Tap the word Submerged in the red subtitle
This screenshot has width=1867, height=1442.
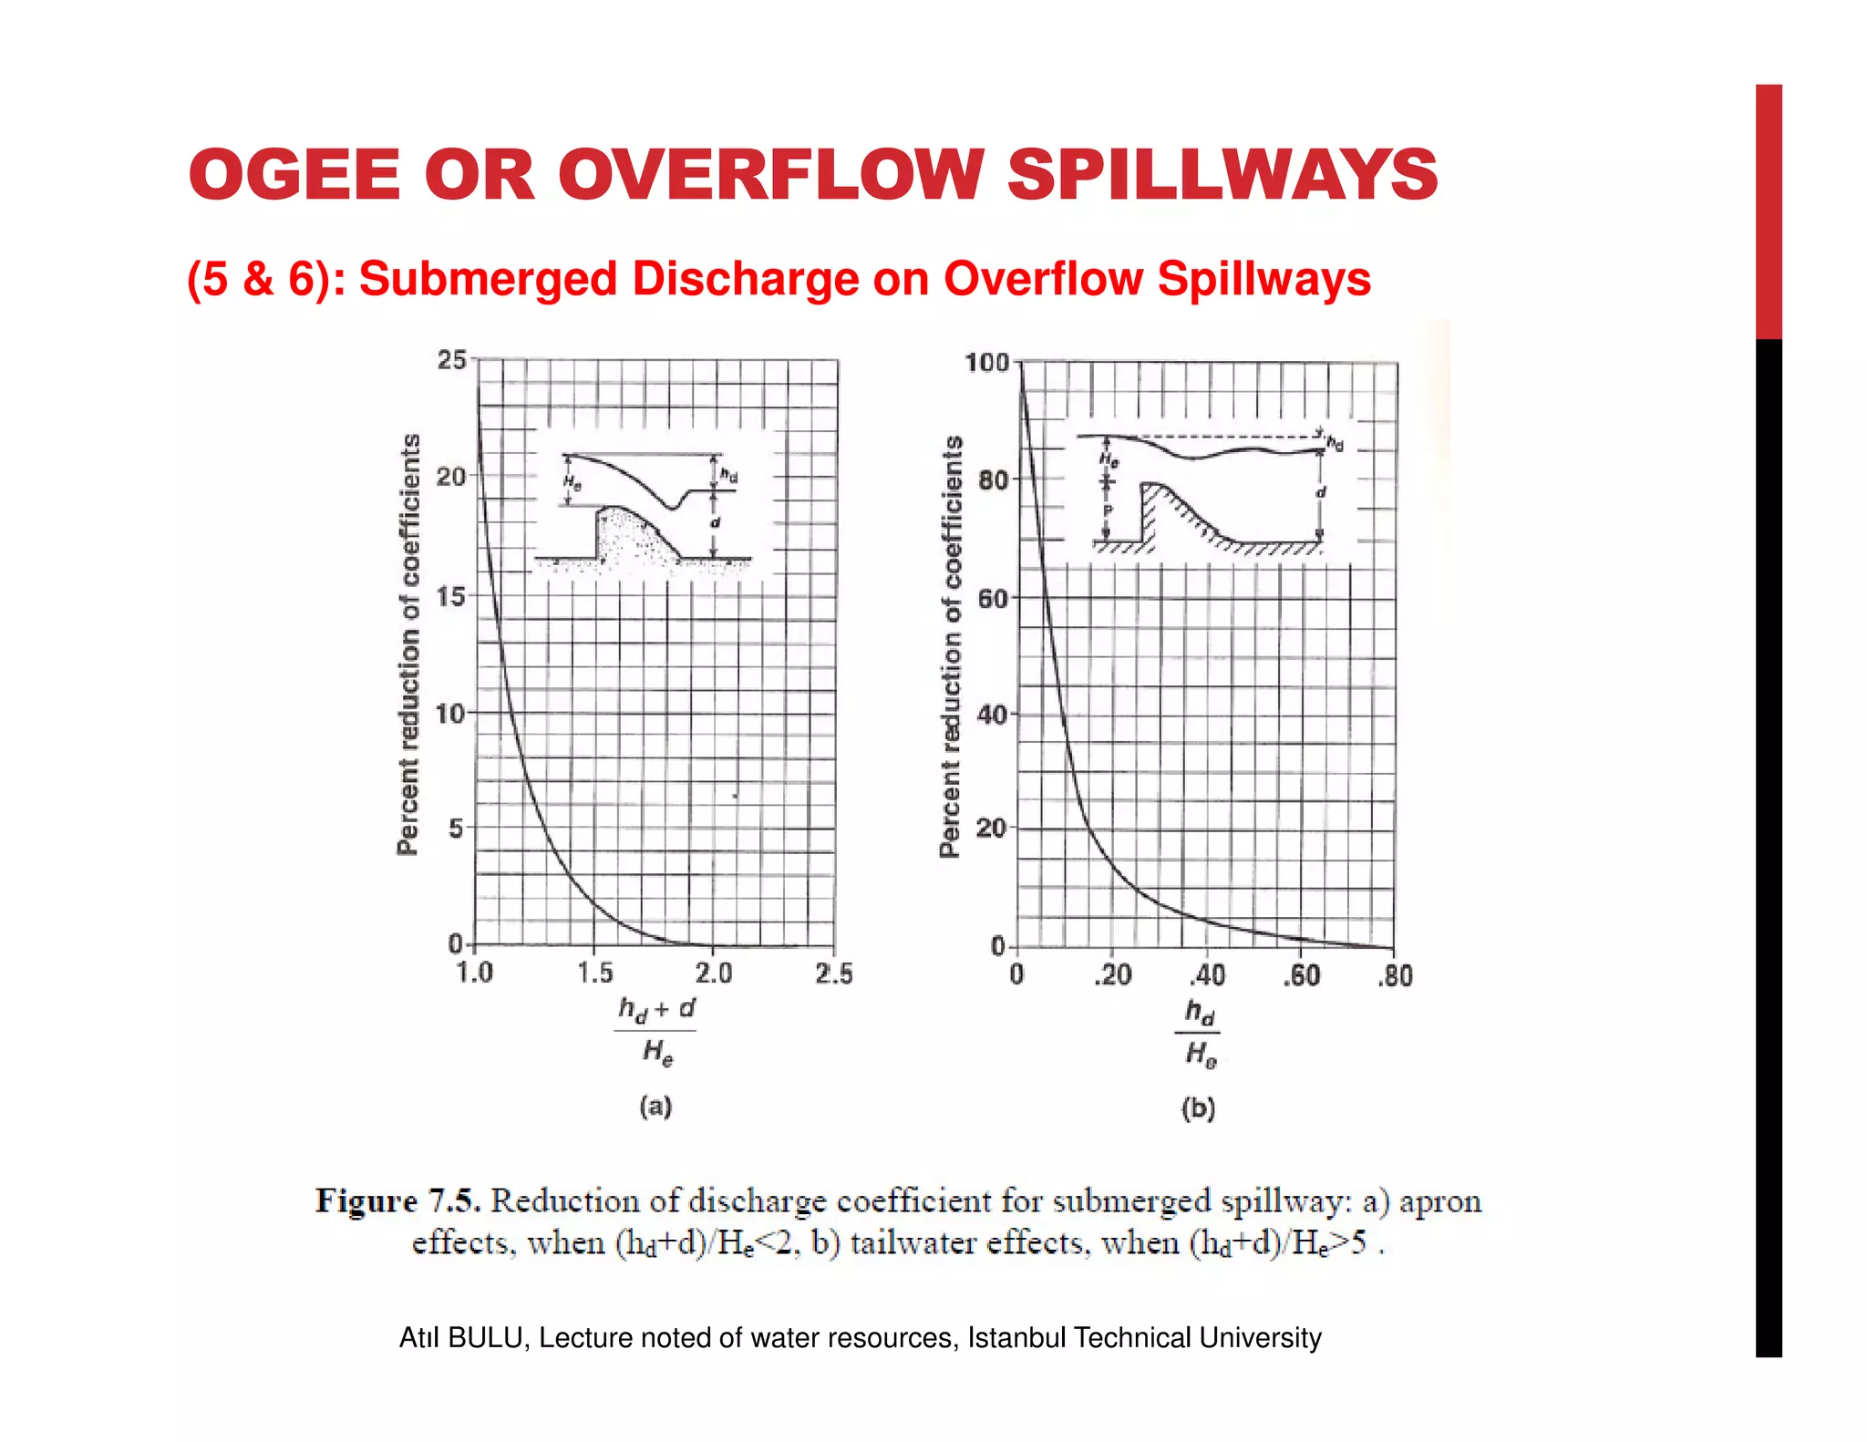tap(488, 279)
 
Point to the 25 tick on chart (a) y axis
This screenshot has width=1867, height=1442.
tap(451, 360)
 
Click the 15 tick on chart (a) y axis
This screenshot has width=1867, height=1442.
tap(451, 596)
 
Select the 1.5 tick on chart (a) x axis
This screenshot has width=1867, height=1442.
tap(595, 973)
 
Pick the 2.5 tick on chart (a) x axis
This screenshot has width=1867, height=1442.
tap(834, 973)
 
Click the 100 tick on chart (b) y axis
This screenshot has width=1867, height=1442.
tap(986, 363)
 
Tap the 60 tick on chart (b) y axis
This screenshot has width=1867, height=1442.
tap(993, 598)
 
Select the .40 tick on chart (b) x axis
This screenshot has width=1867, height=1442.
tap(1207, 976)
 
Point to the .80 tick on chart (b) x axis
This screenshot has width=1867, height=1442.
tap(1395, 976)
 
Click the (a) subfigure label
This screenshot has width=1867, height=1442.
tap(655, 1107)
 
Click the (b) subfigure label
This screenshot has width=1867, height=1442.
tap(1198, 1108)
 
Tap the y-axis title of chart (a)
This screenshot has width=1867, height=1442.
tap(409, 644)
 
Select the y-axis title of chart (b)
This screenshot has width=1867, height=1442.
tap(951, 646)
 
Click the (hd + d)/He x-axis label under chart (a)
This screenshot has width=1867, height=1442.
tap(655, 1031)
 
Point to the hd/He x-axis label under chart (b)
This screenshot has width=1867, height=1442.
tap(1199, 1033)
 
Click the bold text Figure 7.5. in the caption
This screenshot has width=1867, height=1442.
tap(397, 1200)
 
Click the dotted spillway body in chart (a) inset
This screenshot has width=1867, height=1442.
tap(629, 542)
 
